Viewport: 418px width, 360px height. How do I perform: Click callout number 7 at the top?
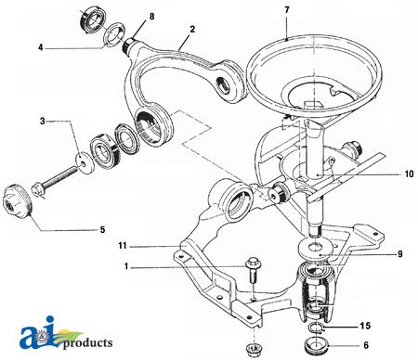coord(287,10)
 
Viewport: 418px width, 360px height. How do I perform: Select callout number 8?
coord(152,18)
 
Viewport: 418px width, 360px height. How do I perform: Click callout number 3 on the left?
coord(42,121)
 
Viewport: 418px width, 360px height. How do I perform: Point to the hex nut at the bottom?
coord(249,351)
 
